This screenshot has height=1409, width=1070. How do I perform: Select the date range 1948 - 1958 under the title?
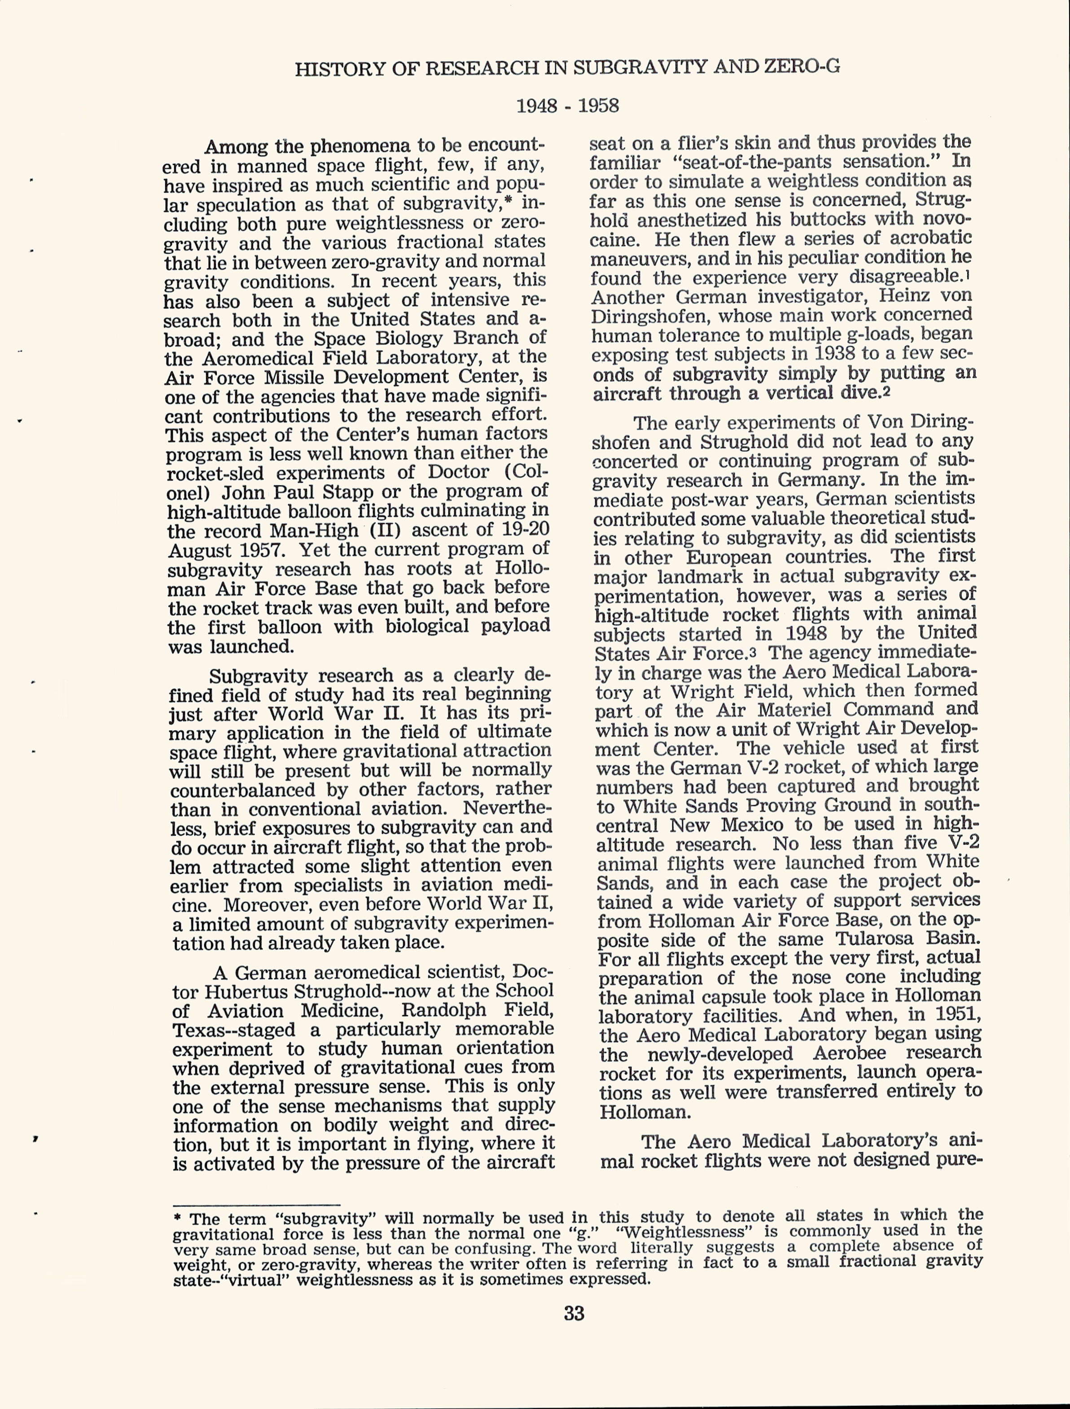click(x=567, y=105)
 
